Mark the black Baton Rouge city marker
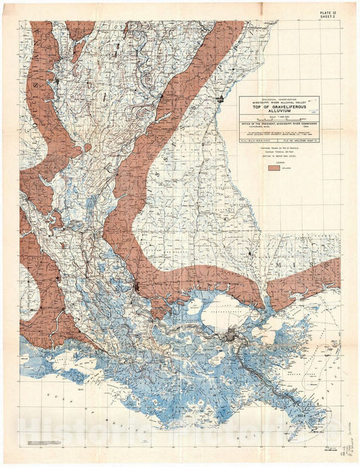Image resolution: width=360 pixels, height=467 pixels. pyautogui.click(x=137, y=286)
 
